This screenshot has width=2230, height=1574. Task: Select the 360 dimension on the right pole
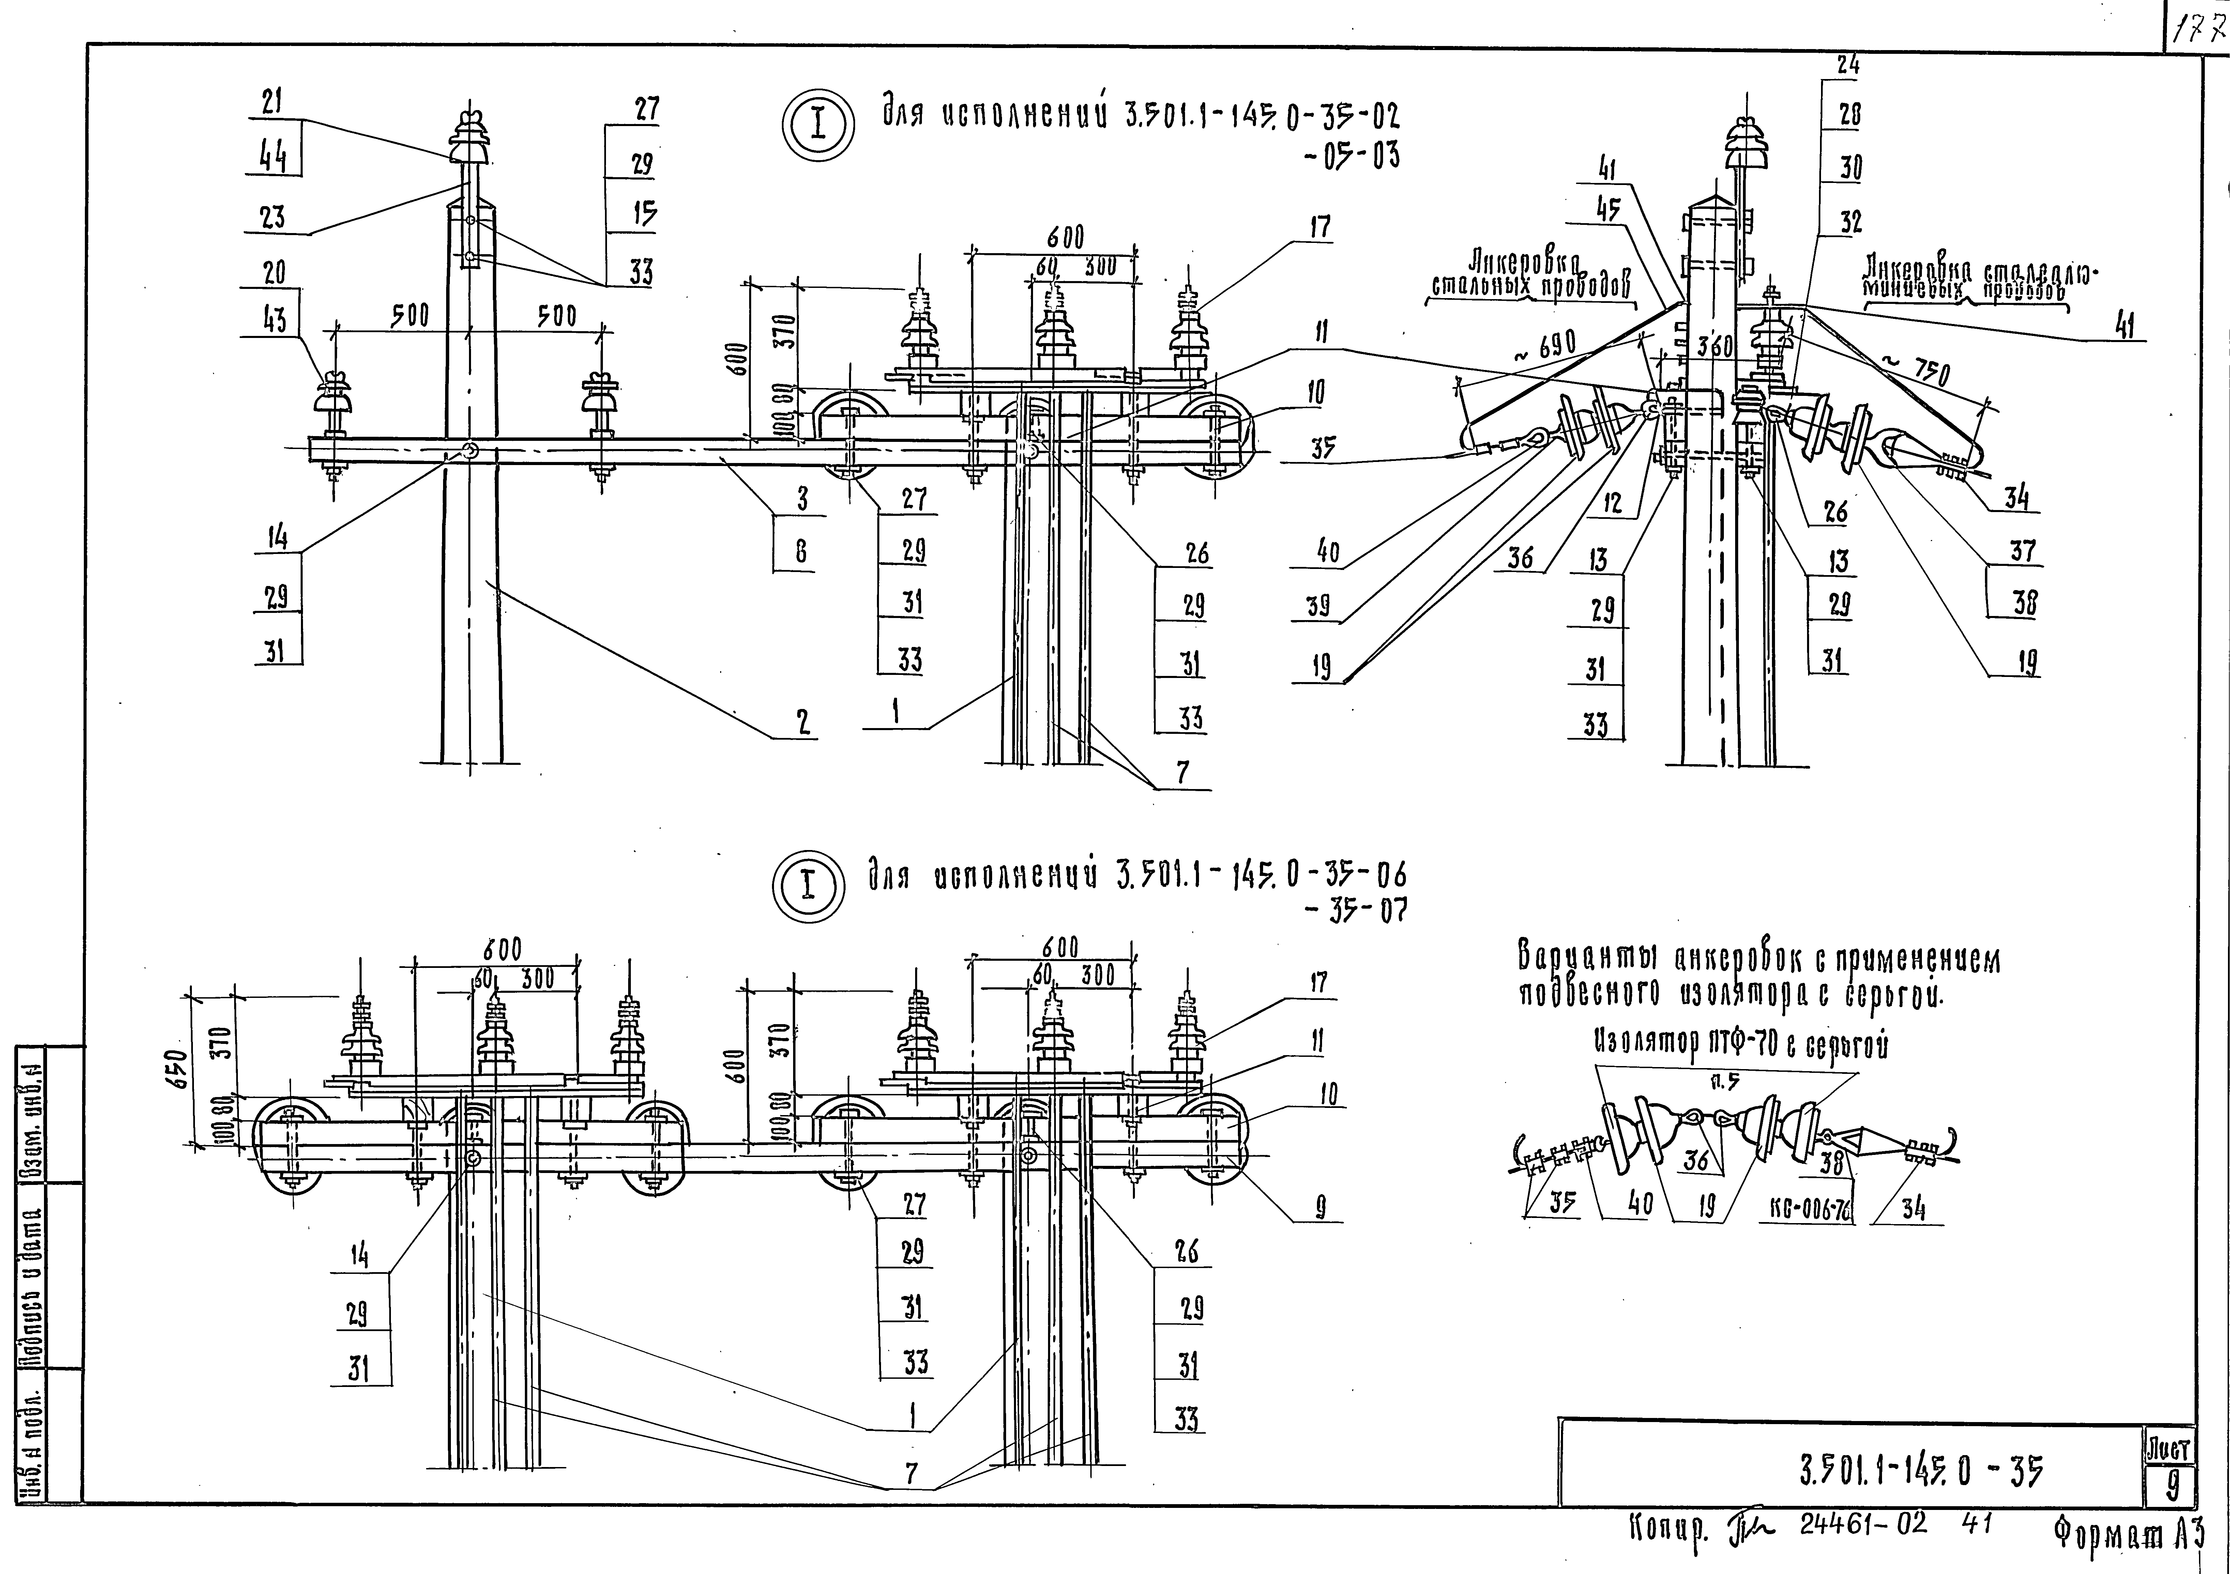(x=1714, y=346)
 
